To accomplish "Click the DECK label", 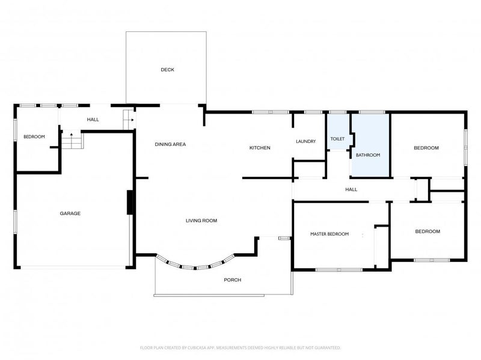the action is tap(168, 70).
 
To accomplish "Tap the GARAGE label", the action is tap(70, 213).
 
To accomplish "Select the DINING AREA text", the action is tap(170, 144).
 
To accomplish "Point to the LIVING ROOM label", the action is tap(201, 221).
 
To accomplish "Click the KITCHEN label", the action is tap(260, 148).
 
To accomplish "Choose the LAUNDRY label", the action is tap(306, 141).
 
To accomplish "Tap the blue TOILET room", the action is tap(338, 132).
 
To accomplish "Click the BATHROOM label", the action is tap(368, 155).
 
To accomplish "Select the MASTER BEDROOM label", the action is tap(329, 234).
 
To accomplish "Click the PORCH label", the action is tap(233, 280).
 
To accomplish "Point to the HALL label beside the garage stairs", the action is tap(93, 120).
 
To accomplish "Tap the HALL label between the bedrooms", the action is tap(351, 189).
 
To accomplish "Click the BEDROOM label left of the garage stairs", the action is tap(34, 137).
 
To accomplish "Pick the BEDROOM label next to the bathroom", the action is tap(426, 148).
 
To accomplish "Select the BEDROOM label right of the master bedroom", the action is tap(427, 231).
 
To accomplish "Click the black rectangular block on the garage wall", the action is tap(130, 203).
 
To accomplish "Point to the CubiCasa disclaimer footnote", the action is tap(240, 348).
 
